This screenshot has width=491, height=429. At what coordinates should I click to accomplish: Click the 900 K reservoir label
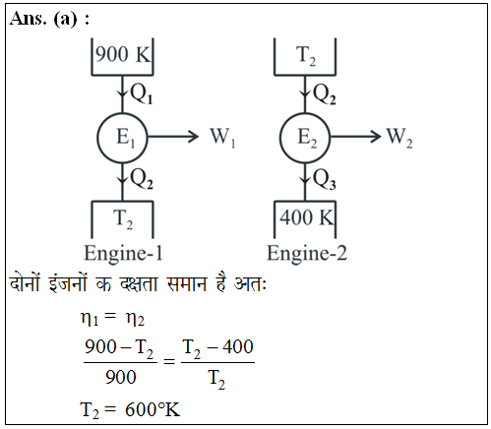123,54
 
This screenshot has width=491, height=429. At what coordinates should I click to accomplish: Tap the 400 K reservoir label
306,217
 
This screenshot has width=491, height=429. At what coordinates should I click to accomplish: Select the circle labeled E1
122,138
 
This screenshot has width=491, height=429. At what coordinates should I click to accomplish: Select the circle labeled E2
305,138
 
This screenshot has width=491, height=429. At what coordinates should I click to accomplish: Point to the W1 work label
222,137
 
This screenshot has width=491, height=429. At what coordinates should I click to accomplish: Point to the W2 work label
399,137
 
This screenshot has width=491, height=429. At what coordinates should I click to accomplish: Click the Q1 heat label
142,93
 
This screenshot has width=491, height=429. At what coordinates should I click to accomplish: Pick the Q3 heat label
325,179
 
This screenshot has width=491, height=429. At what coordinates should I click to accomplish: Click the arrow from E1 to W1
173,137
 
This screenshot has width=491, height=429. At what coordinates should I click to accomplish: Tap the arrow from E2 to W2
356,137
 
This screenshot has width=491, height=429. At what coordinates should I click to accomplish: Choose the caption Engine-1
123,254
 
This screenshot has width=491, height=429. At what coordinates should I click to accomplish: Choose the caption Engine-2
307,254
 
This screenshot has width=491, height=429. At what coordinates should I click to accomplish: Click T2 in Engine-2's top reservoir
306,56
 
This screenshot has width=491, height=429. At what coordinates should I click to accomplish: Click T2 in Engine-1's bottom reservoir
123,218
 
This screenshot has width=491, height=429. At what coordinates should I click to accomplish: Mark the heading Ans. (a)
50,20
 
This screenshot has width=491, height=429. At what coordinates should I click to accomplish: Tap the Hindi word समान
187,283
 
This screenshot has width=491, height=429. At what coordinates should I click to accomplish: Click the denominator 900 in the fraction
121,377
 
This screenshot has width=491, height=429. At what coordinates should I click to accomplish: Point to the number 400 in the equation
238,346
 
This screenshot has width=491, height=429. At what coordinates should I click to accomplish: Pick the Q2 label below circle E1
142,179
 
